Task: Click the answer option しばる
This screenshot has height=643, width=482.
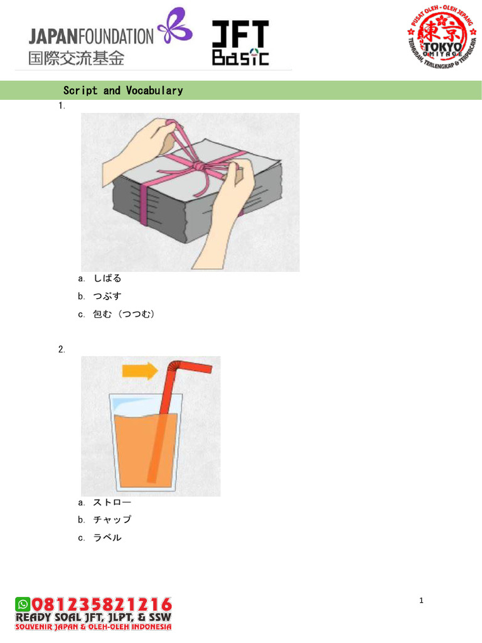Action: (x=107, y=278)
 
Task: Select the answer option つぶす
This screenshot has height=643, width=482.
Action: (x=107, y=296)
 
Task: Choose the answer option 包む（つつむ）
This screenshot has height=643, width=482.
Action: (x=124, y=314)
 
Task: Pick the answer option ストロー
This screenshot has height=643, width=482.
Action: (x=112, y=502)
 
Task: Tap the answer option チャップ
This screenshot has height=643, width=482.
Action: (x=112, y=520)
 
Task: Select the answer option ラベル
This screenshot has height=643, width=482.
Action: (x=107, y=538)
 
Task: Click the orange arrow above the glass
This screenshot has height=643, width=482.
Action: (x=140, y=372)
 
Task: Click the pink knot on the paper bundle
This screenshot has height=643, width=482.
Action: (x=198, y=166)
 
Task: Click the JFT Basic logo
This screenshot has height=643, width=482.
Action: (x=240, y=43)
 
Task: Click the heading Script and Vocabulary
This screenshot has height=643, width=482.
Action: (x=123, y=90)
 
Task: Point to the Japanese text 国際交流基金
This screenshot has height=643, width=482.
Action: (x=76, y=58)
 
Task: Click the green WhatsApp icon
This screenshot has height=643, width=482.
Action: (x=23, y=604)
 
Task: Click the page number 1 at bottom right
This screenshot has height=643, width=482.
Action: (x=422, y=601)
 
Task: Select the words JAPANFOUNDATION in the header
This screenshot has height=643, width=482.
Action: (x=91, y=36)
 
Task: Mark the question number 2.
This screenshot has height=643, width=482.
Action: (x=62, y=350)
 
